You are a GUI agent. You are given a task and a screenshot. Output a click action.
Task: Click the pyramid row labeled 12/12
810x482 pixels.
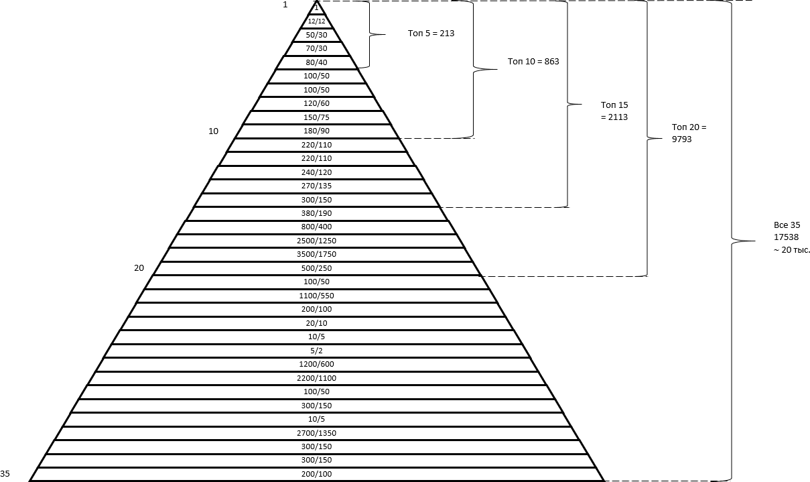click(x=317, y=21)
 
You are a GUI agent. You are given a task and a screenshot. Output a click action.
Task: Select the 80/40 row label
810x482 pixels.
click(x=317, y=62)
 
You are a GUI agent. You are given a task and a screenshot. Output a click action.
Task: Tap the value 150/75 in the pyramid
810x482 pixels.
click(x=317, y=117)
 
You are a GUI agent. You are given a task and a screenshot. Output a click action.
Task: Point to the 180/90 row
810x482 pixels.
click(x=317, y=131)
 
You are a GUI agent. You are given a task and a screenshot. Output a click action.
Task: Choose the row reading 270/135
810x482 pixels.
click(x=317, y=186)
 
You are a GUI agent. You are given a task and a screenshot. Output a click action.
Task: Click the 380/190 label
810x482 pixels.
click(x=317, y=213)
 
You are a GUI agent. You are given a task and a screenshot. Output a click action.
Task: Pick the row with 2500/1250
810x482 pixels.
click(x=317, y=241)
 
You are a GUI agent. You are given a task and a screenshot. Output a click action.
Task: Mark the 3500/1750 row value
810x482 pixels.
click(x=317, y=254)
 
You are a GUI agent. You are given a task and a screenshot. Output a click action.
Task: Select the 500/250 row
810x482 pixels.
click(x=317, y=268)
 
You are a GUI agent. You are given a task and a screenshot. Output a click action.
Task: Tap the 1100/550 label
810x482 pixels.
click(x=317, y=296)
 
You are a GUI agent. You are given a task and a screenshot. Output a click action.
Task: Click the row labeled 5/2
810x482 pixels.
click(x=317, y=351)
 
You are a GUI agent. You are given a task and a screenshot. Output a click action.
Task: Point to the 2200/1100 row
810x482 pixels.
click(x=317, y=378)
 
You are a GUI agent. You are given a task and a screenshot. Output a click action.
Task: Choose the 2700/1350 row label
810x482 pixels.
click(x=317, y=433)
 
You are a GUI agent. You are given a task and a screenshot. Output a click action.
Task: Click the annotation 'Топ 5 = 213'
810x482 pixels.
click(x=431, y=33)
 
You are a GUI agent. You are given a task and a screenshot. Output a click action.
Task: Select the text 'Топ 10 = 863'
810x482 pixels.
click(x=533, y=61)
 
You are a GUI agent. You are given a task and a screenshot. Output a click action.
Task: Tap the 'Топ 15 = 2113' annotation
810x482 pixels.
click(x=614, y=111)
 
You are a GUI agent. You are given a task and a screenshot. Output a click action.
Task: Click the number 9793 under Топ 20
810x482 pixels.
click(x=682, y=139)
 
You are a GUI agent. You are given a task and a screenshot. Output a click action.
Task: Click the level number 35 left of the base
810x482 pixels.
click(x=5, y=473)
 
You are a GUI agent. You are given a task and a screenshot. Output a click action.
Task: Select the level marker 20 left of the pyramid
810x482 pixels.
click(x=139, y=267)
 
